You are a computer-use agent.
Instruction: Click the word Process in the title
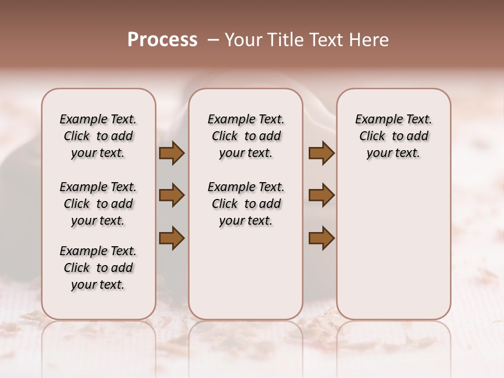[x=162, y=40]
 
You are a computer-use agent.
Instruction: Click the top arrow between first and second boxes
[x=172, y=153]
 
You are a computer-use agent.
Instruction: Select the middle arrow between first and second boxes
[x=172, y=195]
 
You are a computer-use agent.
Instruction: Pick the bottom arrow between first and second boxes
[x=172, y=238]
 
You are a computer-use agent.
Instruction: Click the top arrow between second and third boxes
[x=321, y=153]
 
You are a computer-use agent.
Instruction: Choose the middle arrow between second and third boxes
[x=321, y=195]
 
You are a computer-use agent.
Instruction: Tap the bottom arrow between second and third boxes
[x=321, y=238]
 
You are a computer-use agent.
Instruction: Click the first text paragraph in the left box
[x=98, y=136]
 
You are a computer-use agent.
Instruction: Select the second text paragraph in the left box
[x=98, y=204]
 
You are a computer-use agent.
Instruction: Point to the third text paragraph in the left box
[x=98, y=268]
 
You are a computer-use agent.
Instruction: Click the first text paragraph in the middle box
[x=246, y=136]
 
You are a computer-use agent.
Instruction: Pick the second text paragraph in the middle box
[x=246, y=204]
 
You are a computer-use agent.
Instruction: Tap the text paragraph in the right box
[x=393, y=136]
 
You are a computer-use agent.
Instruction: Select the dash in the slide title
[x=213, y=40]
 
